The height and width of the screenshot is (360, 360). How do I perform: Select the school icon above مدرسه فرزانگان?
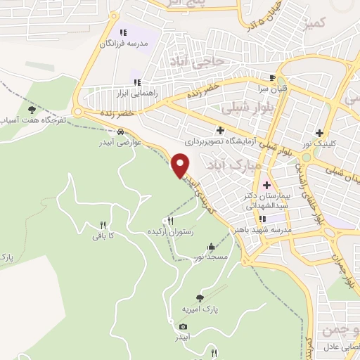tap(123, 32)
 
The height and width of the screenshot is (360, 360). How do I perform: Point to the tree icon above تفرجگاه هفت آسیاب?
tap(31, 109)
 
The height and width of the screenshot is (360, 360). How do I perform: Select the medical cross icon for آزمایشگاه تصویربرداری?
tap(221, 130)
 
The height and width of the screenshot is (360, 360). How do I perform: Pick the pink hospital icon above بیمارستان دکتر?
tap(266, 186)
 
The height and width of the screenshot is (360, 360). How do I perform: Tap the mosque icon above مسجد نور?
tap(212, 247)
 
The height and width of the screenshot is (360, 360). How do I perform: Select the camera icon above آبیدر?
tap(184, 327)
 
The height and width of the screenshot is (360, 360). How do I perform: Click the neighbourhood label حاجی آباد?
tap(221, 61)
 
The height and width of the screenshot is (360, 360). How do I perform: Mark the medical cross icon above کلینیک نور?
tap(320, 132)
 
